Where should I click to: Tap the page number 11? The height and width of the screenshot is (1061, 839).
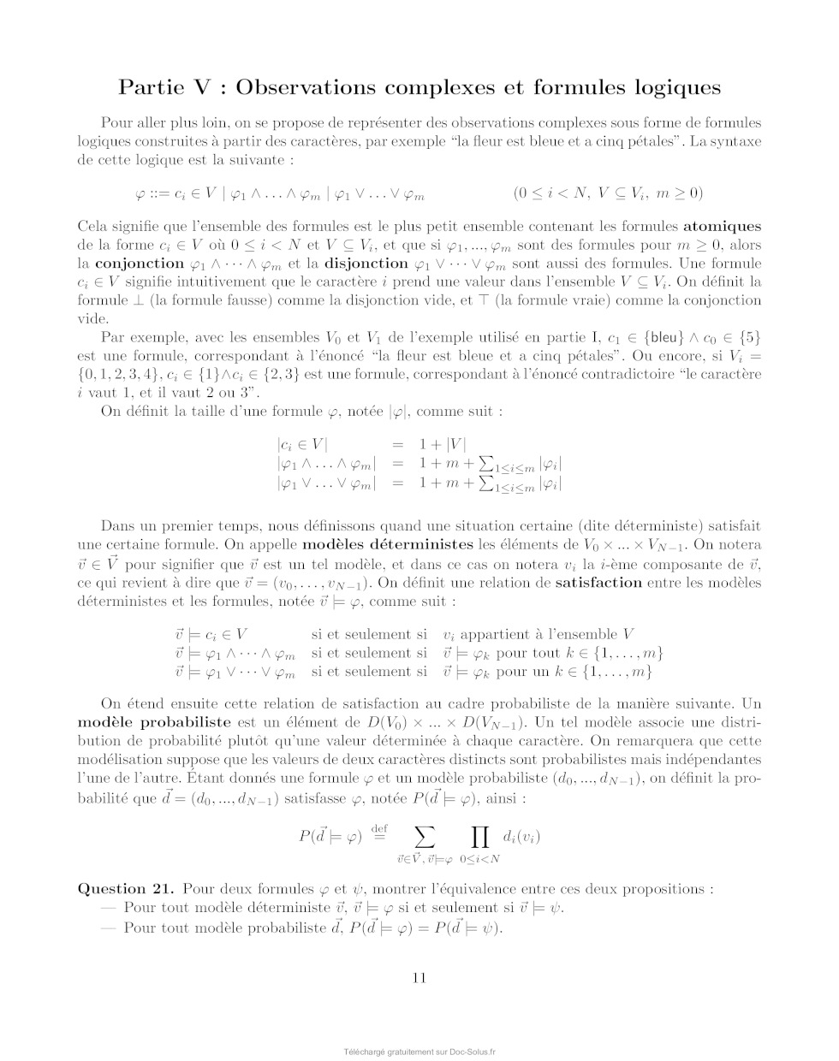[x=419, y=978]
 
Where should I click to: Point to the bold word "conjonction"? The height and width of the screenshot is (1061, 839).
[x=140, y=264]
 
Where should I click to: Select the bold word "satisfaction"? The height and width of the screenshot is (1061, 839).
[x=598, y=583]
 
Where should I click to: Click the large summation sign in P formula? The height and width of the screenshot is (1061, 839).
[x=425, y=835]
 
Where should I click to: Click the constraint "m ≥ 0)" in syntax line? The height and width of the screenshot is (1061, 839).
[x=677, y=193]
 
